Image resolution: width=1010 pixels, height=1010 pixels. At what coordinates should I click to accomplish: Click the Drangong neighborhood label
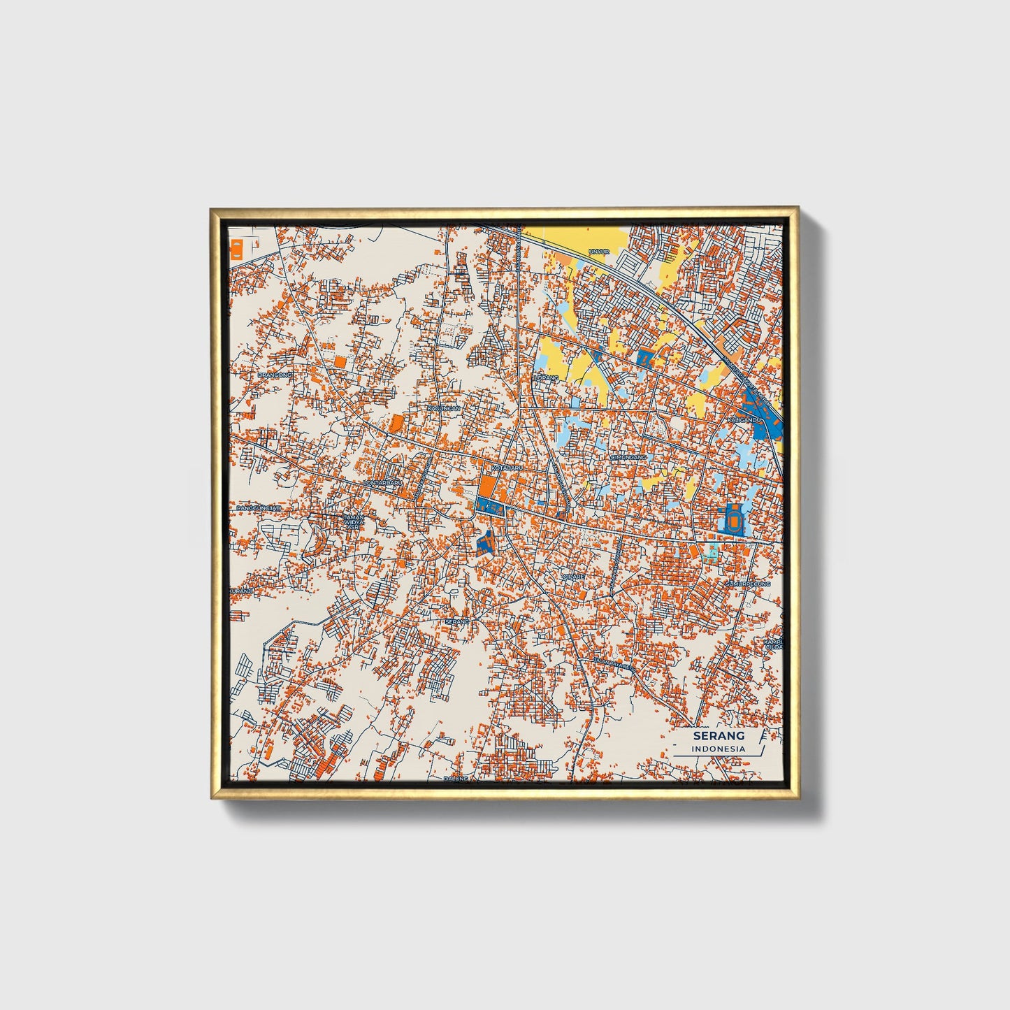pyautogui.click(x=275, y=375)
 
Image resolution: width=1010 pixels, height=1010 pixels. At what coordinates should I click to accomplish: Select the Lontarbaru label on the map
pyautogui.click(x=383, y=482)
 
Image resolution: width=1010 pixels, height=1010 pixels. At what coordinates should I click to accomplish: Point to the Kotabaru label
pyautogui.click(x=507, y=467)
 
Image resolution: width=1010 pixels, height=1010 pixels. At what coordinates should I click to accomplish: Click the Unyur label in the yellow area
pyautogui.click(x=599, y=251)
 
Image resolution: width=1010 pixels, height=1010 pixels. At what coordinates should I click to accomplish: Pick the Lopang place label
pyautogui.click(x=547, y=377)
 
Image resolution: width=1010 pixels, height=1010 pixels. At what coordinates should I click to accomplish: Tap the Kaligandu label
pyautogui.click(x=744, y=419)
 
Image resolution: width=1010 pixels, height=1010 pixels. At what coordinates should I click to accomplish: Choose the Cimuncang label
pyautogui.click(x=628, y=457)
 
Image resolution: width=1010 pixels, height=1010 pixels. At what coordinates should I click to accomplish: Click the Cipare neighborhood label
pyautogui.click(x=573, y=577)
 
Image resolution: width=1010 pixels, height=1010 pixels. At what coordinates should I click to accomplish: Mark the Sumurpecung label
pyautogui.click(x=747, y=583)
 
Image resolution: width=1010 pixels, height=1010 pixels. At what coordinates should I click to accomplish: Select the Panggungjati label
pyautogui.click(x=258, y=507)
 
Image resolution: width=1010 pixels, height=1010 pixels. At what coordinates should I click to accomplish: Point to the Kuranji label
pyautogui.click(x=240, y=591)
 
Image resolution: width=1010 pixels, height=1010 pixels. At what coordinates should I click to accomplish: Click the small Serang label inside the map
pyautogui.click(x=456, y=621)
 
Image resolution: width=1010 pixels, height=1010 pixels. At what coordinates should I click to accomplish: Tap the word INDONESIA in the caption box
pyautogui.click(x=719, y=749)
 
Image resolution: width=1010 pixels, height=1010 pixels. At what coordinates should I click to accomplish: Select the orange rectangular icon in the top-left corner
pyautogui.click(x=236, y=249)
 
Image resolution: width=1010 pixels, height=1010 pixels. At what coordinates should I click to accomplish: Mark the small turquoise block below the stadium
pyautogui.click(x=712, y=553)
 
